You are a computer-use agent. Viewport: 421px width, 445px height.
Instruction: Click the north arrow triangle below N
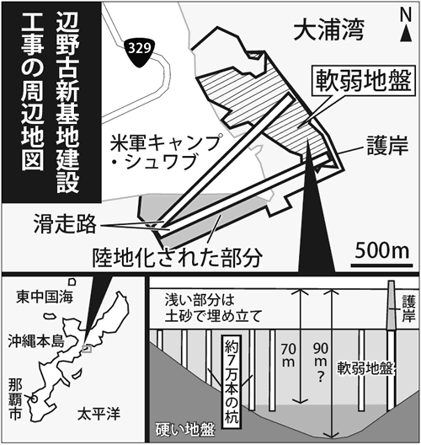point(406,34)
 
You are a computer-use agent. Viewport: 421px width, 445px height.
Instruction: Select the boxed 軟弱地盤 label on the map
point(364,81)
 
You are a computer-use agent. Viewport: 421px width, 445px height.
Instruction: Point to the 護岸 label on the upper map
point(387,146)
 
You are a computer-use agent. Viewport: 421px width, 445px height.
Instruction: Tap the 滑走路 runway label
point(65,224)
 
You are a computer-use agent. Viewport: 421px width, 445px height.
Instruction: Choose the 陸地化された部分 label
point(177,258)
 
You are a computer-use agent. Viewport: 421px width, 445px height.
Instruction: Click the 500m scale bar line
point(382,265)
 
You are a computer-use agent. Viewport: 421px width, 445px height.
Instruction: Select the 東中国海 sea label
point(45,297)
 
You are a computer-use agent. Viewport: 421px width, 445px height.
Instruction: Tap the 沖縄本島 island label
point(36,341)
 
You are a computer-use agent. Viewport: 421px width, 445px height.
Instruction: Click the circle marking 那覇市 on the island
point(34,399)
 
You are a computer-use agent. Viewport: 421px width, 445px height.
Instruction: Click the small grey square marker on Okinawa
point(87,349)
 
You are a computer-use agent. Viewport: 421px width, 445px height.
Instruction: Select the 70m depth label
point(288,355)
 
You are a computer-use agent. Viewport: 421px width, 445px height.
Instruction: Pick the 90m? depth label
point(321,362)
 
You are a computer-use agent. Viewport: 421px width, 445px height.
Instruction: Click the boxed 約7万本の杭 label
point(232,383)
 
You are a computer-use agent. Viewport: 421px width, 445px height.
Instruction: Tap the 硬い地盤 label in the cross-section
point(185,430)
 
